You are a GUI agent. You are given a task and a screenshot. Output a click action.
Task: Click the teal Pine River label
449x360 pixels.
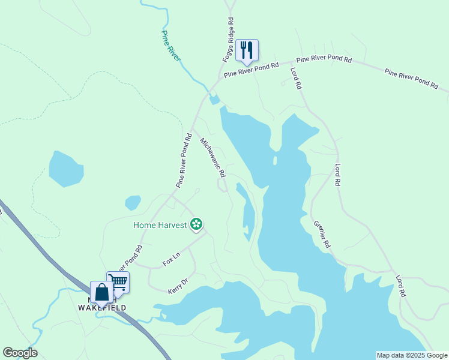click(170, 45)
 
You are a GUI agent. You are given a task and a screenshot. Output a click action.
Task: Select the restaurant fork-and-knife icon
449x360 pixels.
click(247, 50)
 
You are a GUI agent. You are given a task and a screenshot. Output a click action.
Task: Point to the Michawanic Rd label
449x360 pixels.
click(212, 158)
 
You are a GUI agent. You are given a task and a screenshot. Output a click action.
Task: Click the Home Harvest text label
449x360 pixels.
click(160, 226)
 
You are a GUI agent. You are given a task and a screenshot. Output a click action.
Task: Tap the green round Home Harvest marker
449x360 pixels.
click(196, 224)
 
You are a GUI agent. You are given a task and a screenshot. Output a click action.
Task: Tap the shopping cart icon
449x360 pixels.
click(119, 281)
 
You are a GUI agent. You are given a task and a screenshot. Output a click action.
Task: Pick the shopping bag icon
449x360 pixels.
click(101, 292)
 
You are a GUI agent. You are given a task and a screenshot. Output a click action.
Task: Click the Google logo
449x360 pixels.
click(20, 353)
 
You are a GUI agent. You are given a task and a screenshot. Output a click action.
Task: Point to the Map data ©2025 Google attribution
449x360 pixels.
click(411, 355)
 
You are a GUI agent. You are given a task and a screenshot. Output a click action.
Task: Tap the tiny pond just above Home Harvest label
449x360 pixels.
click(133, 203)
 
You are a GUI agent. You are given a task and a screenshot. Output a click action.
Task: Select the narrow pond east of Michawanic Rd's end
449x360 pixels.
click(246, 211)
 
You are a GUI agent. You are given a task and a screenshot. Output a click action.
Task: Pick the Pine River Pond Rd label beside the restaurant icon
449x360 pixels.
click(252, 71)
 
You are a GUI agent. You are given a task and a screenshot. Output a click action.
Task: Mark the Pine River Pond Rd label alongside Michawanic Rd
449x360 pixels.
click(184, 161)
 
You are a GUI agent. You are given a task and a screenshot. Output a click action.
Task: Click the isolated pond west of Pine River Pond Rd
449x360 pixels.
click(65, 169)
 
